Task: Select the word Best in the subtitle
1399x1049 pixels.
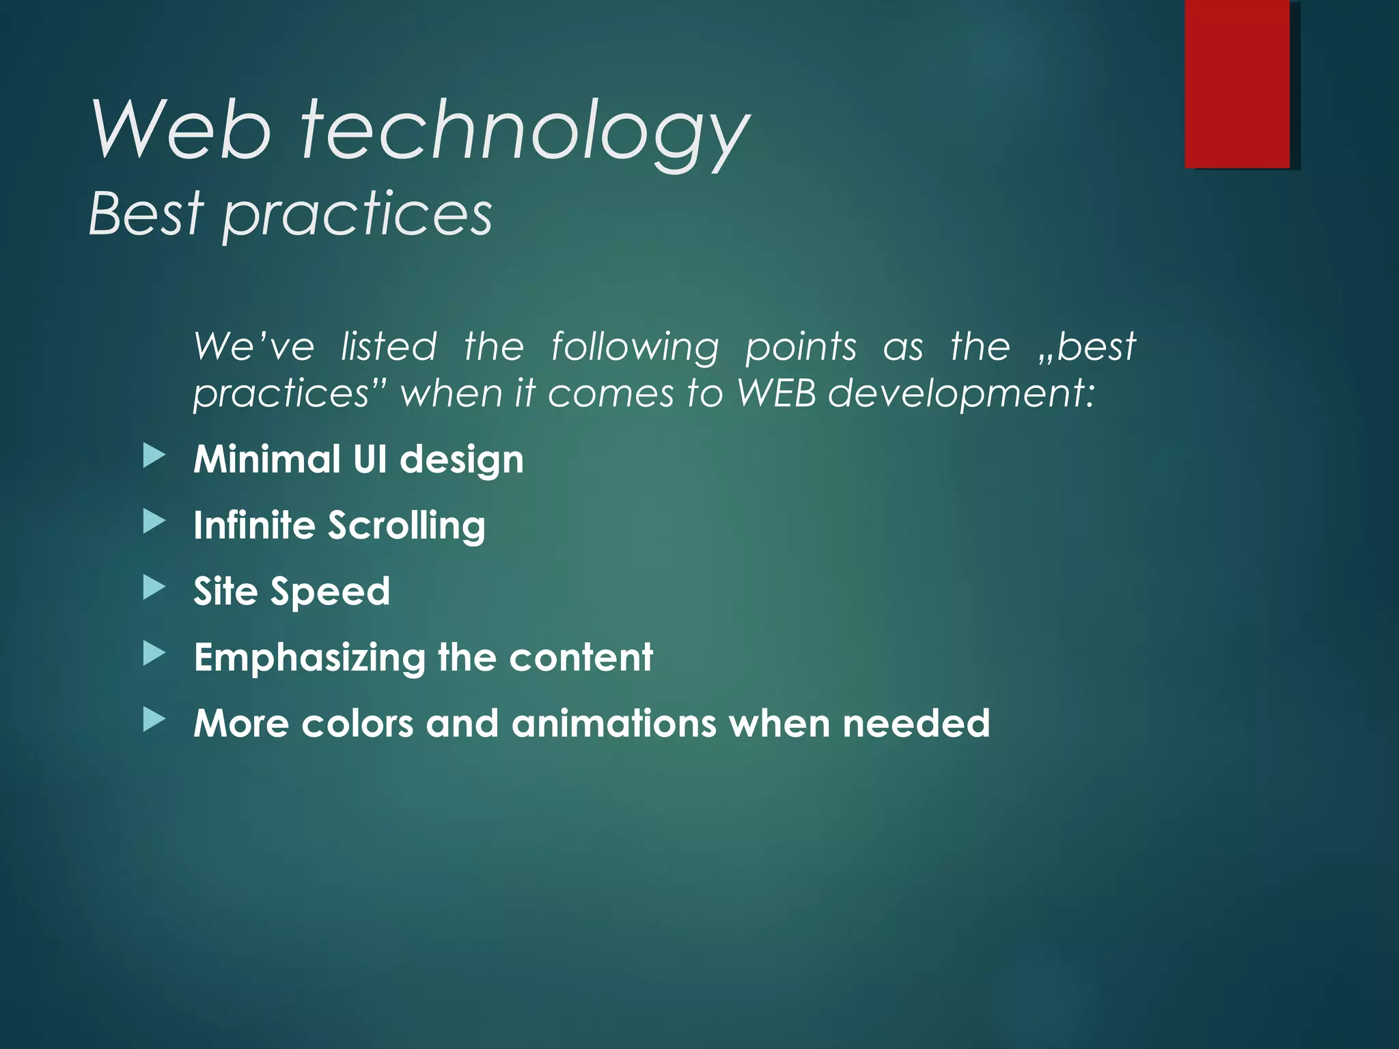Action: point(146,213)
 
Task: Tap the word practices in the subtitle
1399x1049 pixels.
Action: point(357,216)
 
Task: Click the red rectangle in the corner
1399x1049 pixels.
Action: point(1237,83)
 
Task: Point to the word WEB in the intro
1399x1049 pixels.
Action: point(776,393)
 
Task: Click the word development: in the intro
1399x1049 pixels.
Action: point(961,395)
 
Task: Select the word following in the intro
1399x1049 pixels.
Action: point(635,347)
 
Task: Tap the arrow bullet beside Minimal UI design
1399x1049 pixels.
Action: point(154,456)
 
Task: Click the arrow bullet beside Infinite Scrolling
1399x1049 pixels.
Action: point(154,522)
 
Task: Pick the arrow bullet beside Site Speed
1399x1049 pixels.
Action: point(154,588)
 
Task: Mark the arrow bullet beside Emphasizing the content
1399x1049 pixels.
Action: point(154,654)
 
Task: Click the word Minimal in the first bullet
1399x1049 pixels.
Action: point(267,459)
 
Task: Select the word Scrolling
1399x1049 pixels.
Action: point(406,526)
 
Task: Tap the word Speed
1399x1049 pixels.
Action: point(330,592)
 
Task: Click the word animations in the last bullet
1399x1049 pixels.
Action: point(613,723)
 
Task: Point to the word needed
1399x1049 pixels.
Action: point(916,723)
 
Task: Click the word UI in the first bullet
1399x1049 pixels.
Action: point(370,459)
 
